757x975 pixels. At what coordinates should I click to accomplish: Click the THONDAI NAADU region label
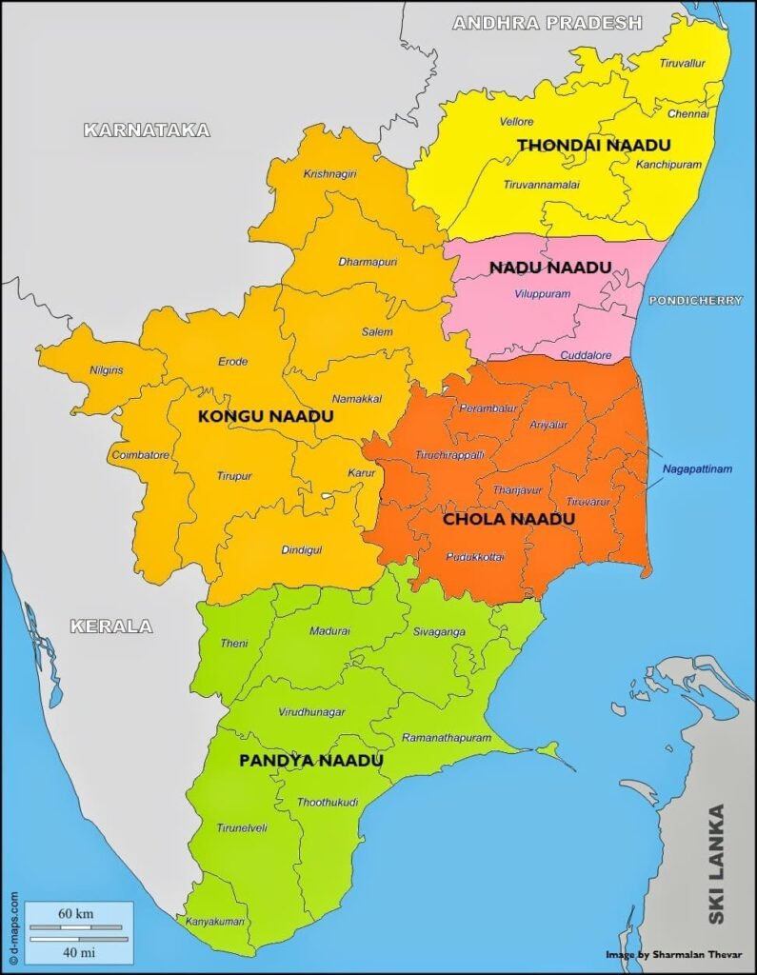tap(593, 145)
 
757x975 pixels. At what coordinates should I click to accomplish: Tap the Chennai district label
tap(687, 113)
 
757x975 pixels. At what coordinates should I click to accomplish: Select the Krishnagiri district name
tap(329, 174)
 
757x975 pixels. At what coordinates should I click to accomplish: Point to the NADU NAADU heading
tap(549, 268)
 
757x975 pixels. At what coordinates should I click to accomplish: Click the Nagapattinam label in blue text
tap(697, 469)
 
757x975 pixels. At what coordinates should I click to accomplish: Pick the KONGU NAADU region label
tap(258, 417)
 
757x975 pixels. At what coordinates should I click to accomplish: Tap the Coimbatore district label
tap(140, 455)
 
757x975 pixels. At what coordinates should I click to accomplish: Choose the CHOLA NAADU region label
tap(508, 519)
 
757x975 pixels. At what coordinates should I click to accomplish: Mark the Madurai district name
tap(329, 630)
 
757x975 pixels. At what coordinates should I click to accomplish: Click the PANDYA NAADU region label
tap(310, 761)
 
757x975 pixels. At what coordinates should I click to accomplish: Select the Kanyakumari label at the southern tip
tap(215, 922)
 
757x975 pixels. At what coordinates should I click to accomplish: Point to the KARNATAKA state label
tap(147, 130)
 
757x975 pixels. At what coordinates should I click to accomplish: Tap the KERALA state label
tap(110, 626)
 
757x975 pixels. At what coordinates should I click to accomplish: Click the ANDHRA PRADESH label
tap(547, 22)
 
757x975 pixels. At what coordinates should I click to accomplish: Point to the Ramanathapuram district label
tap(447, 738)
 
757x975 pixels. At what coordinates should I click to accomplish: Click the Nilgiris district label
tap(106, 369)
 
